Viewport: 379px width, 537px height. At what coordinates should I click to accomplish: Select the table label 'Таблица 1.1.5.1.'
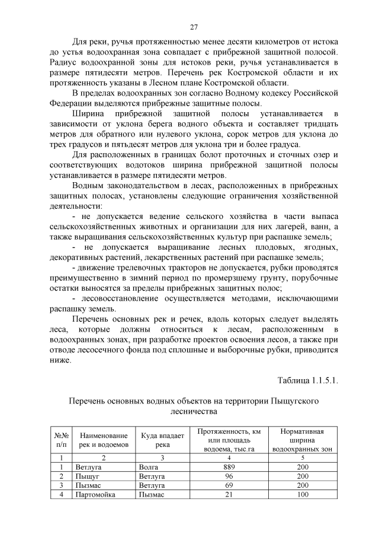(x=308, y=380)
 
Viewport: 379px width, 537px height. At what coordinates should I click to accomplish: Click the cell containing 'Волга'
(x=148, y=467)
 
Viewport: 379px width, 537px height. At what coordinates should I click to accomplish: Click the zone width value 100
(x=303, y=494)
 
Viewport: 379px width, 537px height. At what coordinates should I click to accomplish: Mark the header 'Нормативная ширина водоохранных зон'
(x=303, y=440)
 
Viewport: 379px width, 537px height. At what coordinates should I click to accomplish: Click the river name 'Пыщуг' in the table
(x=88, y=476)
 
